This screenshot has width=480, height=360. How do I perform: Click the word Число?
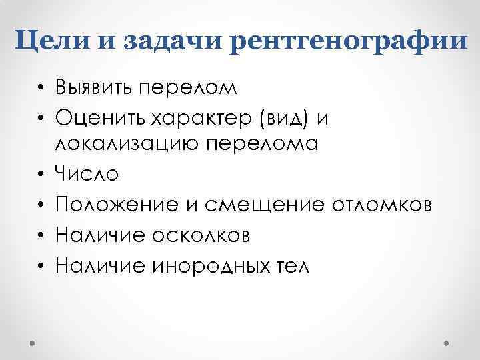(87, 175)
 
